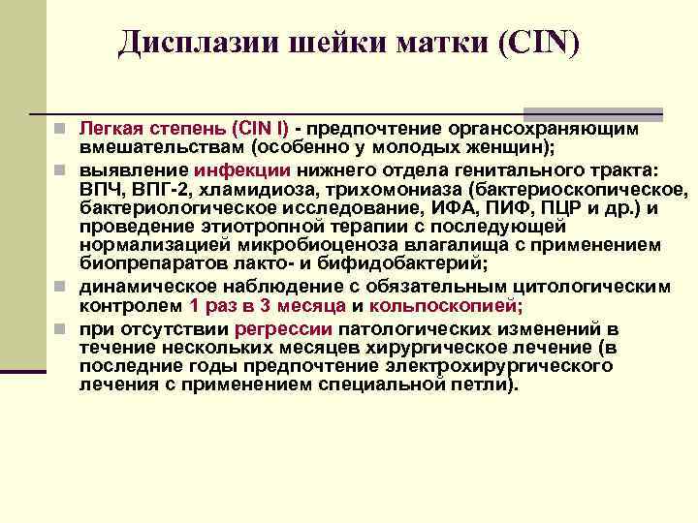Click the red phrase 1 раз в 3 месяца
pyautogui.click(x=268, y=306)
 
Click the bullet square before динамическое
pyautogui.click(x=60, y=288)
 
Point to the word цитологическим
pyautogui.click(x=593, y=288)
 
